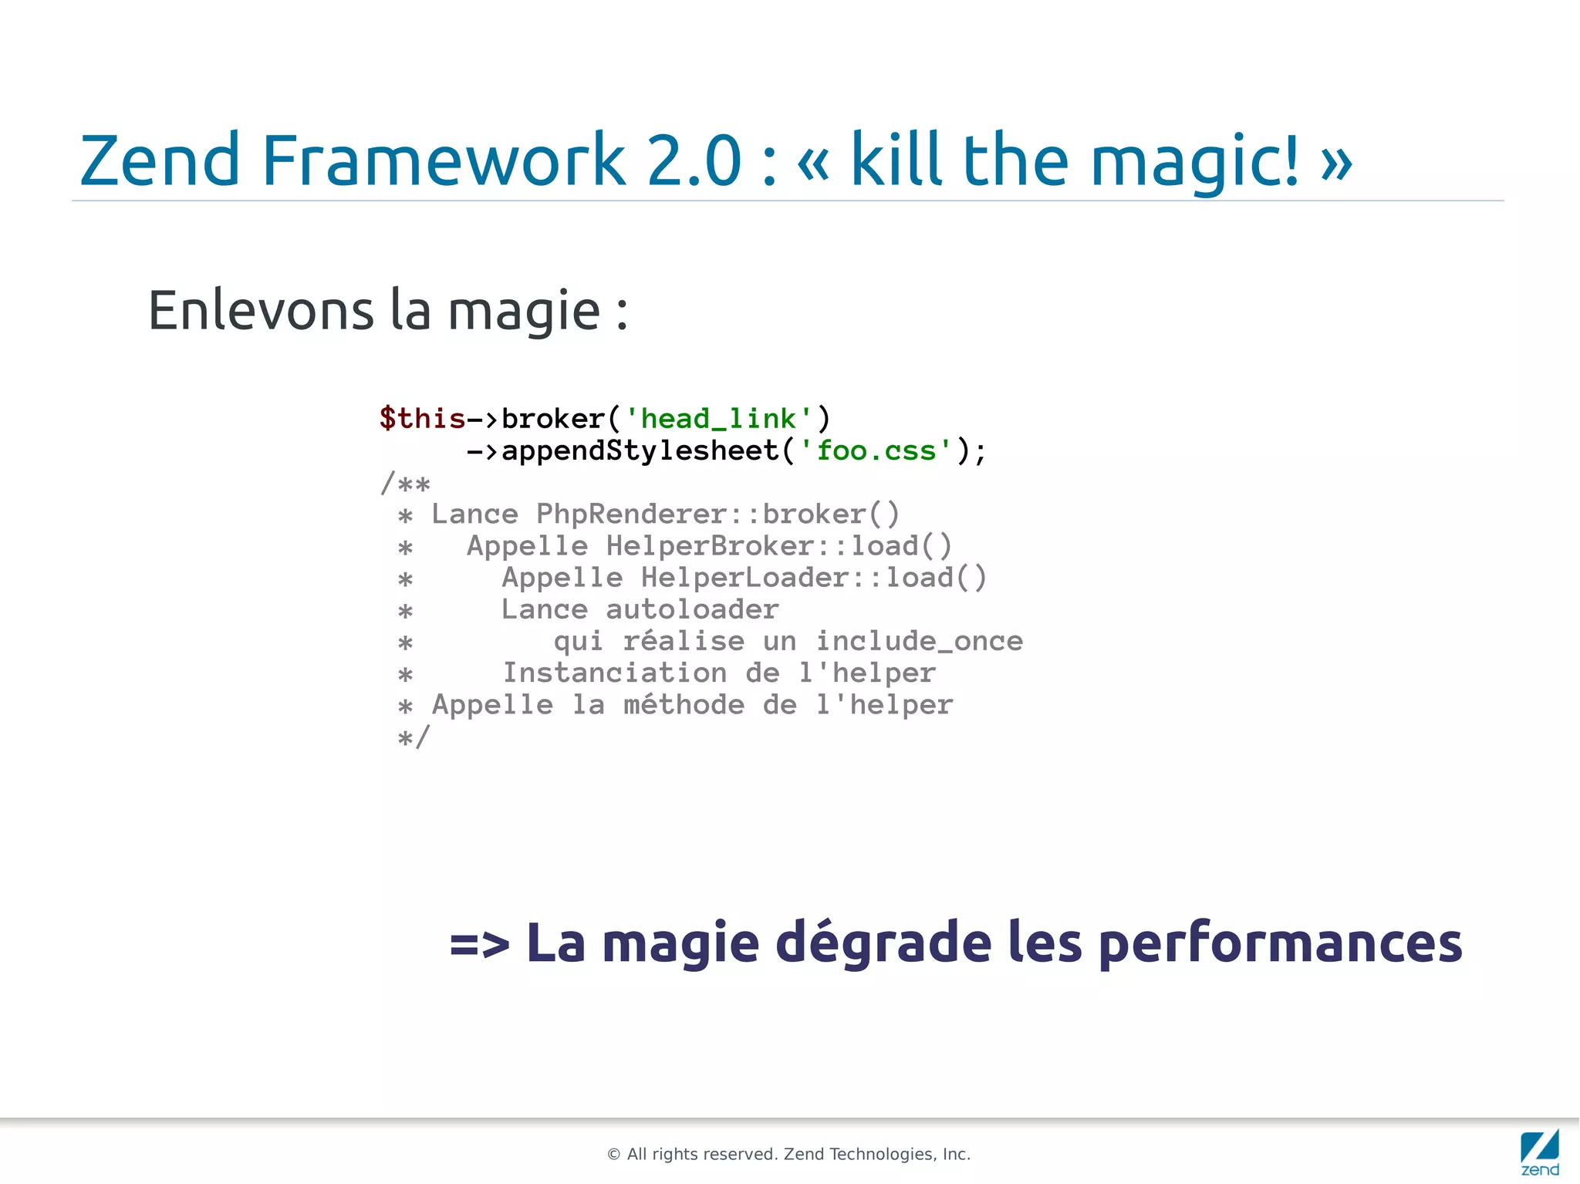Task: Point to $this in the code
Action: click(422, 419)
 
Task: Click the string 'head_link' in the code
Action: click(718, 419)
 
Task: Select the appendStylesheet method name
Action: click(640, 450)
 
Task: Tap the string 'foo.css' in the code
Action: click(876, 450)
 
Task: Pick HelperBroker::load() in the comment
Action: click(779, 546)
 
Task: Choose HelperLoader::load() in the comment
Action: click(814, 578)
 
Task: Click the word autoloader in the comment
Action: click(692, 609)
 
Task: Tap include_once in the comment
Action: click(920, 641)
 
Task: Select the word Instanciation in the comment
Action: click(615, 673)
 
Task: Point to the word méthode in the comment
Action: click(684, 705)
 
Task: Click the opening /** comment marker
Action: click(405, 484)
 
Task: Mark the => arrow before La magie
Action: click(479, 943)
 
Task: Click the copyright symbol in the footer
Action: click(614, 1155)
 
